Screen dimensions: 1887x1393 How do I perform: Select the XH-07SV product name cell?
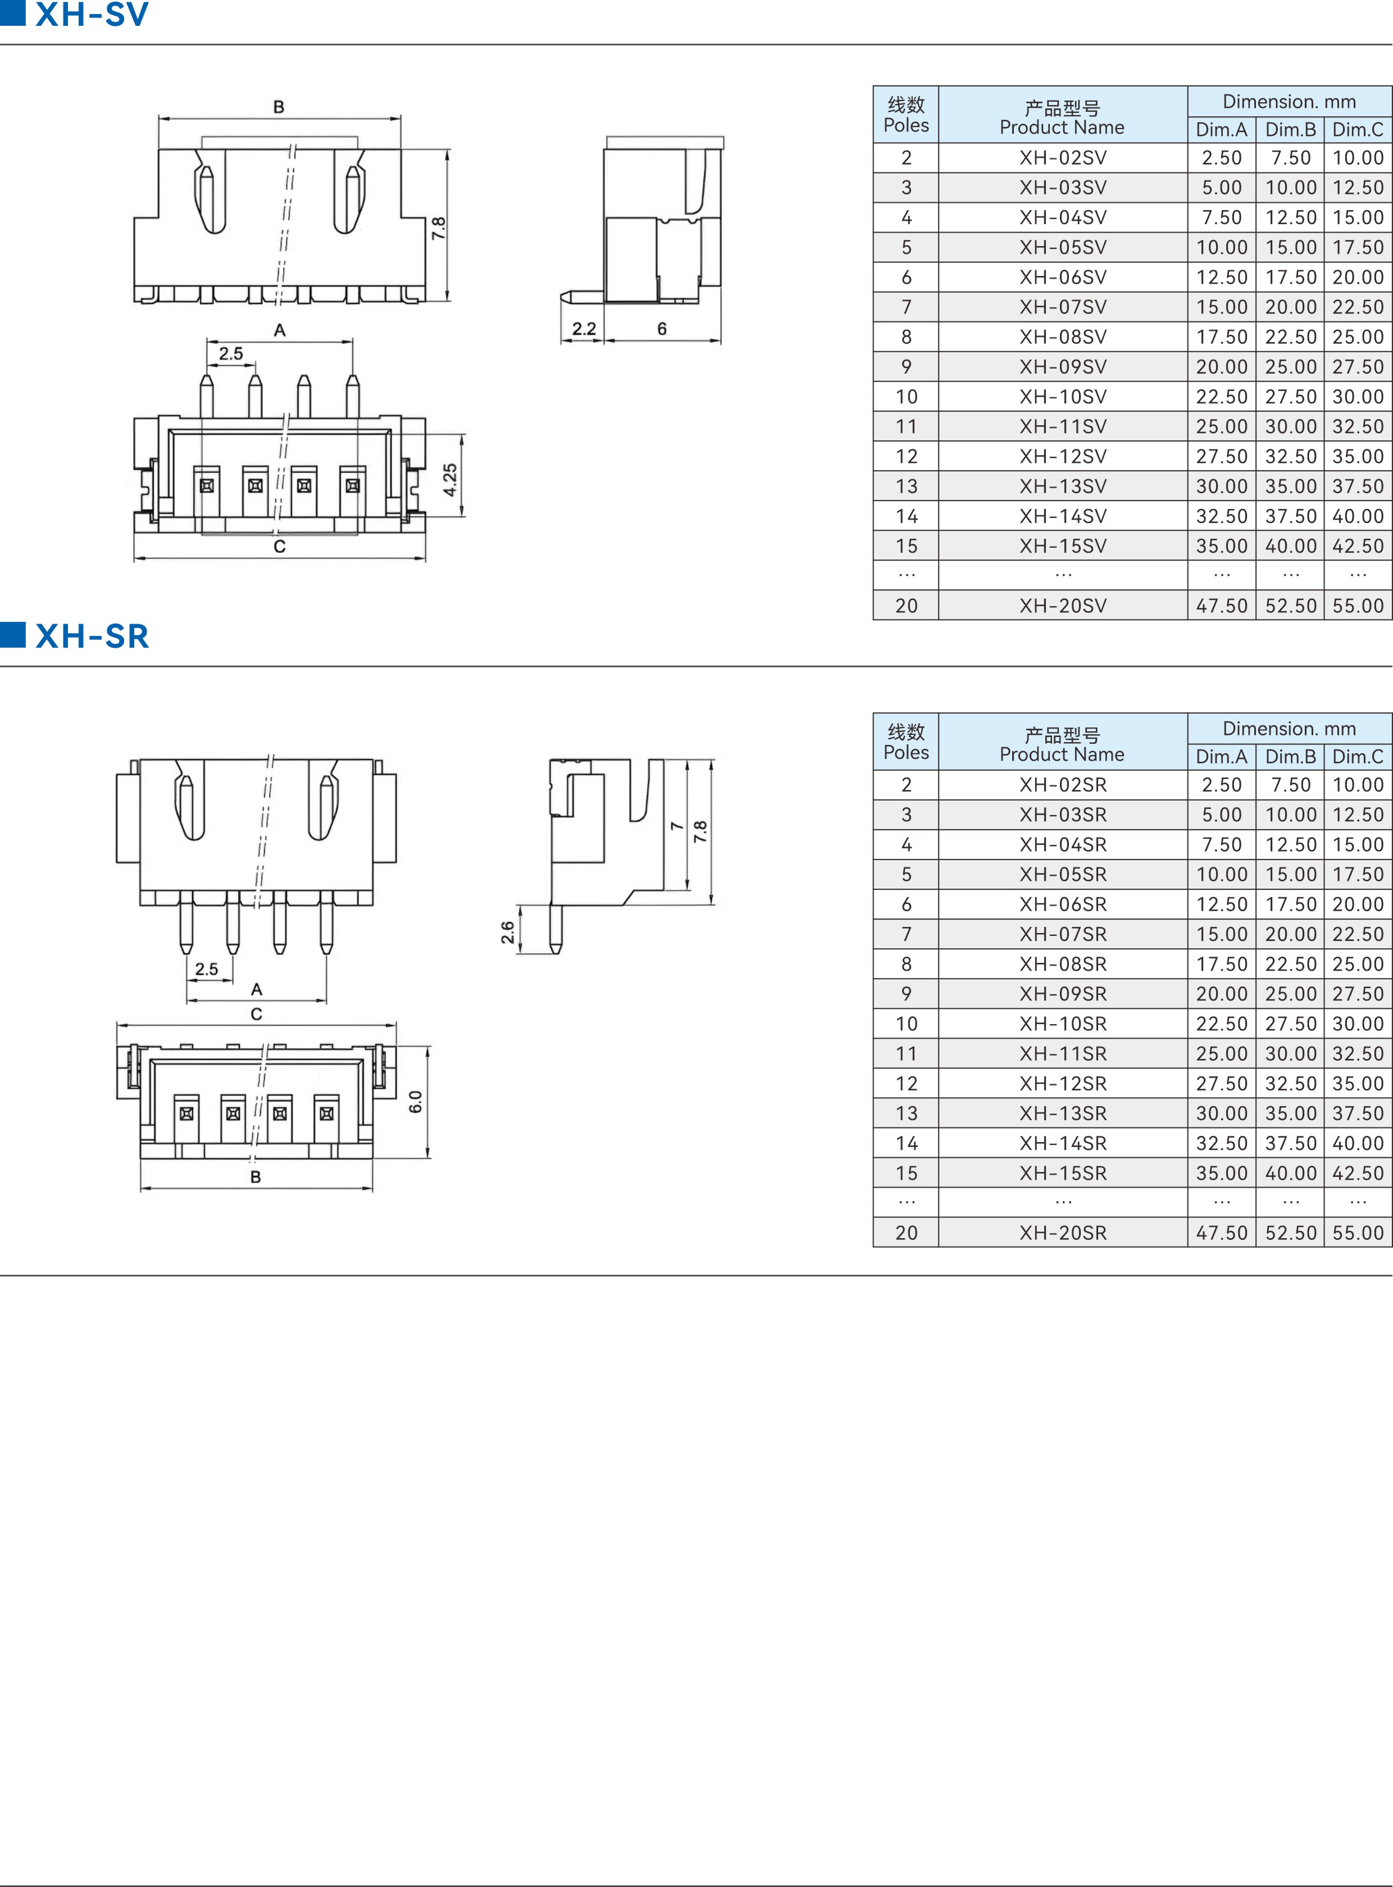pyautogui.click(x=1063, y=307)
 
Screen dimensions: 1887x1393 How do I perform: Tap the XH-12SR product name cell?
pyautogui.click(x=1063, y=1084)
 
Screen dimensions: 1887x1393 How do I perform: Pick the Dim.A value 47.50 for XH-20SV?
pyautogui.click(x=1221, y=606)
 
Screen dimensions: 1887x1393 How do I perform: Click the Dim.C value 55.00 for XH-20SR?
pyautogui.click(x=1358, y=1233)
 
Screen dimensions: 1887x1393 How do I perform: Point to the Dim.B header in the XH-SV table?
pyautogui.click(x=1290, y=130)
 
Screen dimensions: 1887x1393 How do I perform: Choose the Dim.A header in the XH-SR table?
pyautogui.click(x=1221, y=757)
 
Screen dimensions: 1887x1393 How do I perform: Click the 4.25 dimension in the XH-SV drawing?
pyautogui.click(x=450, y=479)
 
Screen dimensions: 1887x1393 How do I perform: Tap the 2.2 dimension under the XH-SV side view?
pyautogui.click(x=584, y=329)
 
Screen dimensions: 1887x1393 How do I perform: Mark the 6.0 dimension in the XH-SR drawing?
pyautogui.click(x=416, y=1101)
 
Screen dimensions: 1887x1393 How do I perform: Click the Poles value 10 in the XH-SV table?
pyautogui.click(x=907, y=396)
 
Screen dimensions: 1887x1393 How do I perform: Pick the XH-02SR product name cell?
pyautogui.click(x=1063, y=785)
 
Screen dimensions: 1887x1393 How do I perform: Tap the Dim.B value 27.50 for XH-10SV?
pyautogui.click(x=1290, y=396)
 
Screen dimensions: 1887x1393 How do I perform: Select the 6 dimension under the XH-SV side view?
pyautogui.click(x=662, y=329)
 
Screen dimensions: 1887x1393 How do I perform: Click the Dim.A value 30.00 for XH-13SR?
pyautogui.click(x=1221, y=1113)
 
